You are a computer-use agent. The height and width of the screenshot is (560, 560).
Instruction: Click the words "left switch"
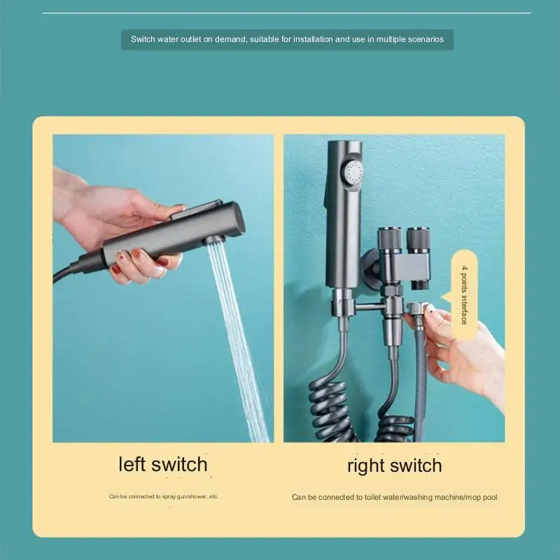163,464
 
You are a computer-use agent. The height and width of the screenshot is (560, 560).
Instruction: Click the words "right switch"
395,465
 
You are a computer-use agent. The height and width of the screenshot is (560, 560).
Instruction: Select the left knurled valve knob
390,239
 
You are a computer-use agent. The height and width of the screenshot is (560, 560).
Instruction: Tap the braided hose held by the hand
420,378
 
